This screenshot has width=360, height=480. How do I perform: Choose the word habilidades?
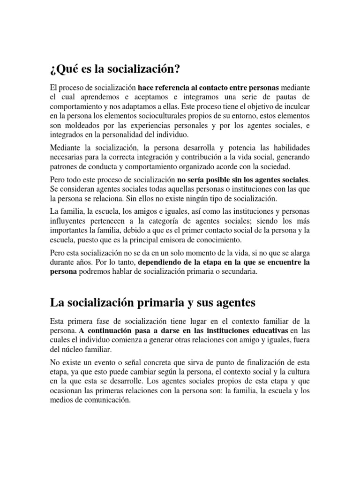coord(289,149)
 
